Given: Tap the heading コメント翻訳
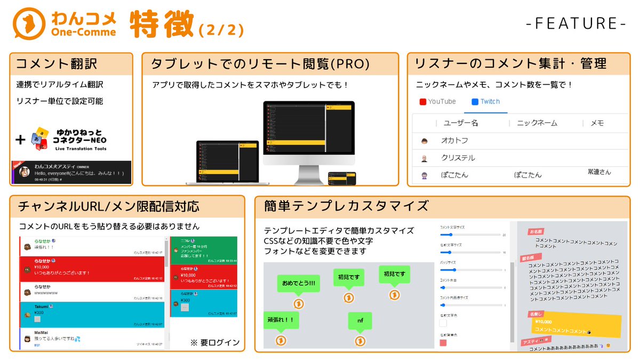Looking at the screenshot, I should pyautogui.click(x=57, y=64).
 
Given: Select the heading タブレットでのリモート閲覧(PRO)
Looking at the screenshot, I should pyautogui.click(x=260, y=64).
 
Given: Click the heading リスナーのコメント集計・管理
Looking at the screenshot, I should pyautogui.click(x=510, y=64).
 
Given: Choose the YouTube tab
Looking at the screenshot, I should pyautogui.click(x=438, y=101).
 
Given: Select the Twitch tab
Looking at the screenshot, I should pyautogui.click(x=485, y=101).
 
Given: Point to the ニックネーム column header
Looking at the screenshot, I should pyautogui.click(x=537, y=123).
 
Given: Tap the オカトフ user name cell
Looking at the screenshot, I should pyautogui.click(x=454, y=141).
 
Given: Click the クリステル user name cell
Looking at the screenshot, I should pyautogui.click(x=458, y=158).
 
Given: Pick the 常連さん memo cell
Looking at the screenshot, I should pyautogui.click(x=599, y=172).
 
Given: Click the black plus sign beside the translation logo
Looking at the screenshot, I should pyautogui.click(x=20, y=140).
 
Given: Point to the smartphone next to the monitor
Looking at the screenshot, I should pyautogui.click(x=342, y=179).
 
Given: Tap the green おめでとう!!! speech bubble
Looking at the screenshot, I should pyautogui.click(x=298, y=283).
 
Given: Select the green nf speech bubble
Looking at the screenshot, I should pyautogui.click(x=360, y=321).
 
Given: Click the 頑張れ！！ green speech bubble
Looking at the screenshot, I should pyautogui.click(x=281, y=320).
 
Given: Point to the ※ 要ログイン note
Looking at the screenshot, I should pyautogui.click(x=215, y=342).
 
